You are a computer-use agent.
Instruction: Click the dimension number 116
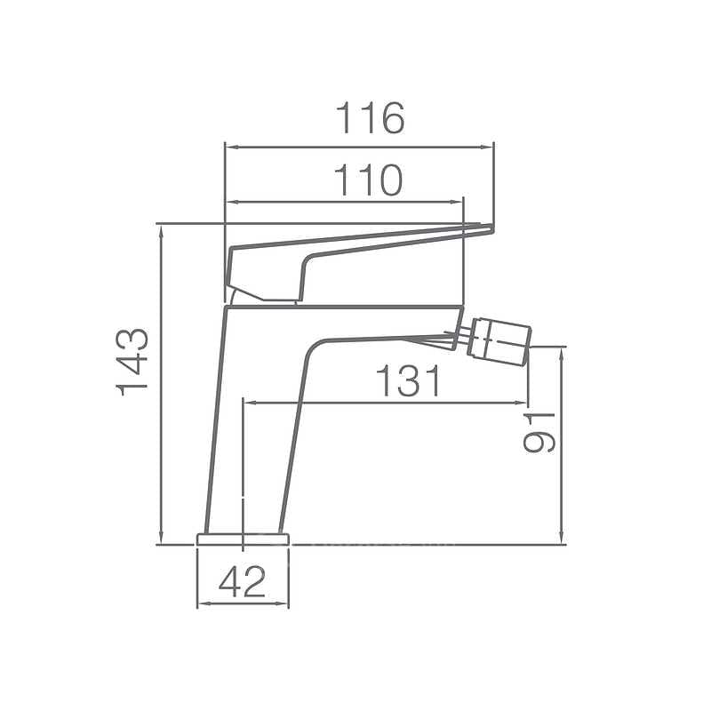370,118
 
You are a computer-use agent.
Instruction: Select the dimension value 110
368,180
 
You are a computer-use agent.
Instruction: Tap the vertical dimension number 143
132,363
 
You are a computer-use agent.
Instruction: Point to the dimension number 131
408,380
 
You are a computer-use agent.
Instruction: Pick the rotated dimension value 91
539,433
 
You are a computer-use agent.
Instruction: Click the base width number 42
242,582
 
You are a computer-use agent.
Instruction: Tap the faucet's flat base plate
243,539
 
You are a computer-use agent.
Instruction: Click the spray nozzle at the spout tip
500,339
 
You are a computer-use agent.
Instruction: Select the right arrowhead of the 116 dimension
487,147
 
